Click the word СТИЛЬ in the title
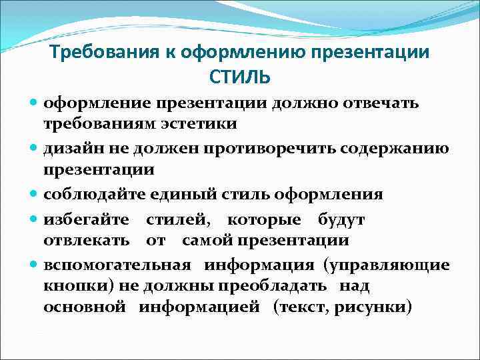pos(240,78)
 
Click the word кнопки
pos(70,286)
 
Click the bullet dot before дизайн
pos(34,148)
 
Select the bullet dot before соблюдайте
pos(34,195)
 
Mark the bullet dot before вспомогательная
pos(34,265)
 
